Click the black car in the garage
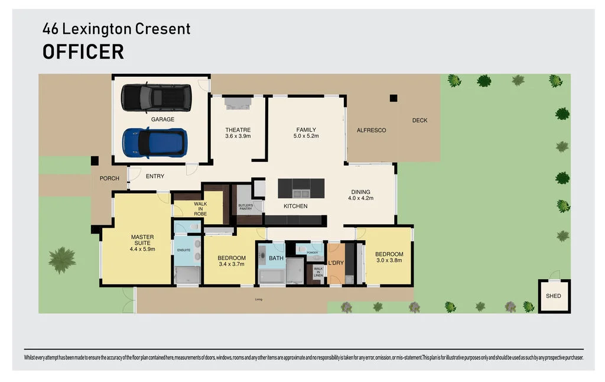pos(156,98)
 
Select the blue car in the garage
pos(155,143)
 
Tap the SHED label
pos(553,296)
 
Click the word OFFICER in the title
pos(83,51)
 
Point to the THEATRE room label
pos(238,133)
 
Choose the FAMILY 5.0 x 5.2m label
pos(306,133)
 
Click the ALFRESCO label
pos(371,130)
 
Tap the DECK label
pos(419,121)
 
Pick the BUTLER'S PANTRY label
pos(246,208)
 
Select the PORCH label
pos(109,178)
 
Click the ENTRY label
pos(155,176)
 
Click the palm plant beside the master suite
pos(62,260)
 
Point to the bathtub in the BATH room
pos(272,276)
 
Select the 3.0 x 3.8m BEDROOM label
pos(389,258)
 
